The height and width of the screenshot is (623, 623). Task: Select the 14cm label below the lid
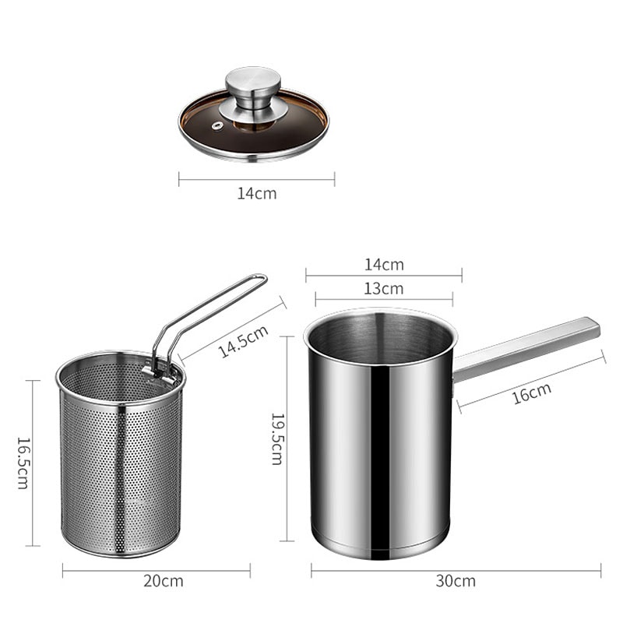click(x=257, y=193)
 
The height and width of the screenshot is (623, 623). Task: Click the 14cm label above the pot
click(x=384, y=265)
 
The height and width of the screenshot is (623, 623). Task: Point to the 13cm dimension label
click(x=384, y=289)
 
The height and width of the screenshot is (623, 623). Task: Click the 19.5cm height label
click(x=276, y=438)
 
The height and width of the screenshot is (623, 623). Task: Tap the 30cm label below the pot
click(x=456, y=581)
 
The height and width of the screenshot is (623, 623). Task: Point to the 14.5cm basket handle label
click(x=242, y=341)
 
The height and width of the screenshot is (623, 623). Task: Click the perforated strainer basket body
click(x=121, y=475)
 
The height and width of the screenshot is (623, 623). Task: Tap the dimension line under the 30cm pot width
click(x=456, y=570)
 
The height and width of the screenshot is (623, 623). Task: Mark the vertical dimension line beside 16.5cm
click(x=33, y=463)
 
